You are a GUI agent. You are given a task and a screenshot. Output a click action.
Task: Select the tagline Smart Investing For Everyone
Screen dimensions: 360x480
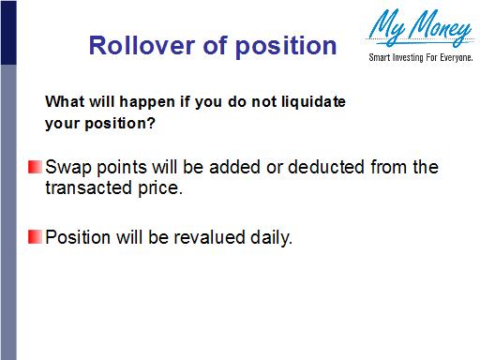click(417, 59)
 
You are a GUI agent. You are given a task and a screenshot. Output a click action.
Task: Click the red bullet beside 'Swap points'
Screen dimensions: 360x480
click(35, 168)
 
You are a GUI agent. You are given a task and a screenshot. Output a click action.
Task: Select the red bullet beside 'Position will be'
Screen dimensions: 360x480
click(35, 236)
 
